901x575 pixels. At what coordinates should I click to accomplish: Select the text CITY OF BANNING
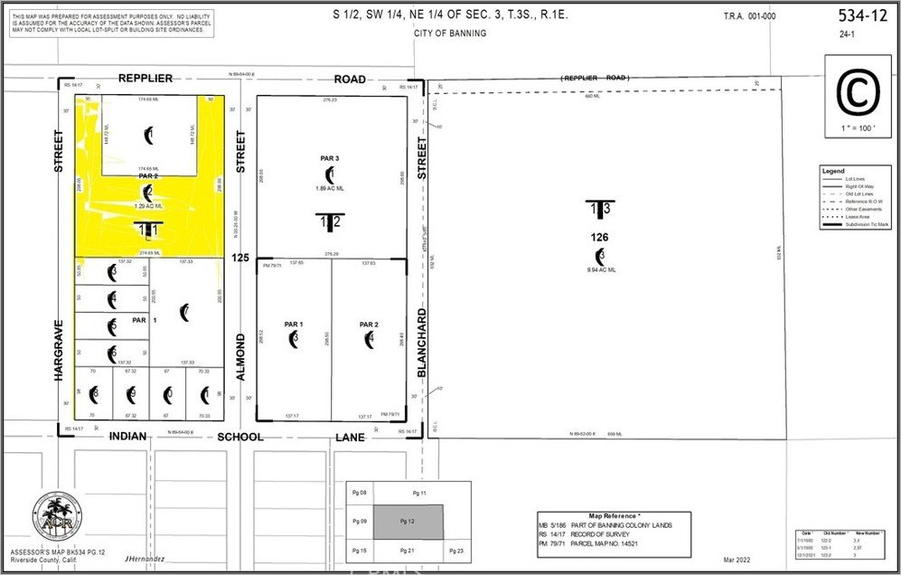449,33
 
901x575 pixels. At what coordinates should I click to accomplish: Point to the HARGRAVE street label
59,349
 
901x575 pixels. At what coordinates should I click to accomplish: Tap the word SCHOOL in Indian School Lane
240,437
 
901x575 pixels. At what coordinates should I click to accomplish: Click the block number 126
600,238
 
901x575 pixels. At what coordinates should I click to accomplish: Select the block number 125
239,259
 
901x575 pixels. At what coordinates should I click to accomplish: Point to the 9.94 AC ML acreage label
600,269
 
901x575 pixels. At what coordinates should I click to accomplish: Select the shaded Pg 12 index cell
408,522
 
